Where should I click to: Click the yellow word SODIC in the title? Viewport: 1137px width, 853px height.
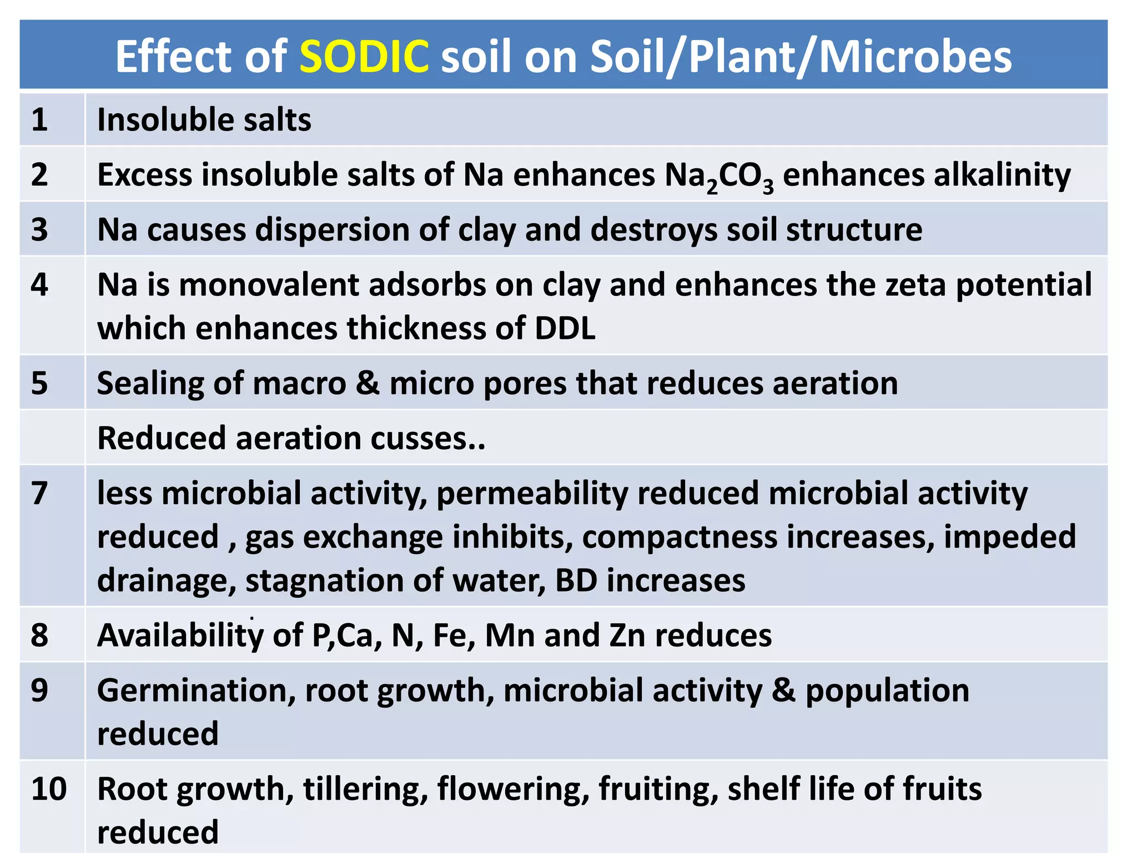(364, 57)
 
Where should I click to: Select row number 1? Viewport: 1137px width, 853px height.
(39, 120)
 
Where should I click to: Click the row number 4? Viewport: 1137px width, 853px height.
(39, 285)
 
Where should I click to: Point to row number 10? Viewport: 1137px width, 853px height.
(49, 789)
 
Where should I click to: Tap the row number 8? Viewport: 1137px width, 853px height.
(39, 635)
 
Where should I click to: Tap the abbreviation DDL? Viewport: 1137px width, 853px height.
(565, 328)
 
